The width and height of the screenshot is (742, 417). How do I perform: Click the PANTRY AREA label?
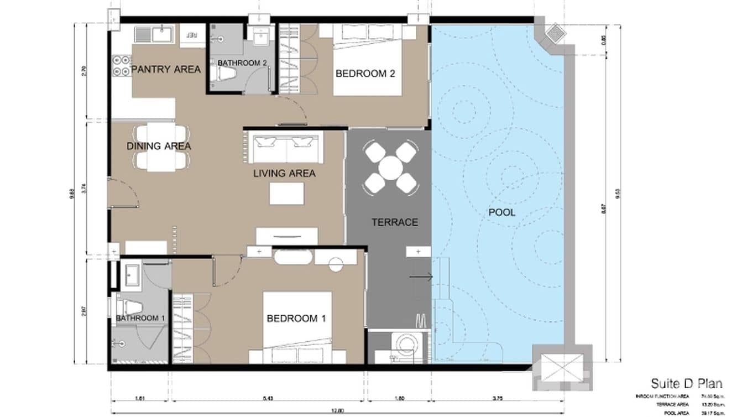[165, 70]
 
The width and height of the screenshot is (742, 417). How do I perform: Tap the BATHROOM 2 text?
[242, 63]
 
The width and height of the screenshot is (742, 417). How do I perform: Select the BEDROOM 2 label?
[365, 74]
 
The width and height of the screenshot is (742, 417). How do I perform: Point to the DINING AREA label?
[159, 146]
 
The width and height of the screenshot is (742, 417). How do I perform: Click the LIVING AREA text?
[284, 174]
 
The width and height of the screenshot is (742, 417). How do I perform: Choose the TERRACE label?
[394, 222]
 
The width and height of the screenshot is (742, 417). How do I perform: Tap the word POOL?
[501, 212]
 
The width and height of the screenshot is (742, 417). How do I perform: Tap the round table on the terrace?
[390, 168]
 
